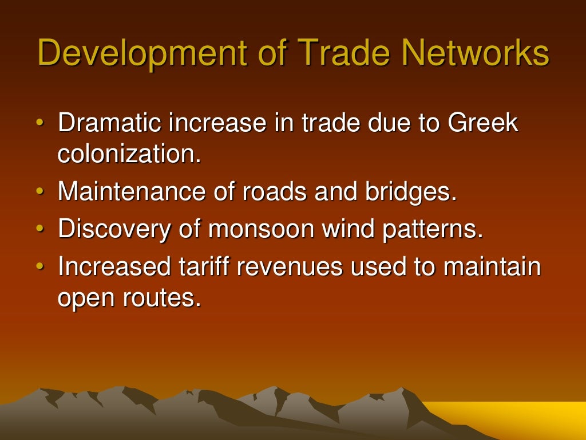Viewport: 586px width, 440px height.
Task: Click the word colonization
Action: click(x=129, y=155)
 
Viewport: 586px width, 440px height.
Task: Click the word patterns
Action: click(x=435, y=229)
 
